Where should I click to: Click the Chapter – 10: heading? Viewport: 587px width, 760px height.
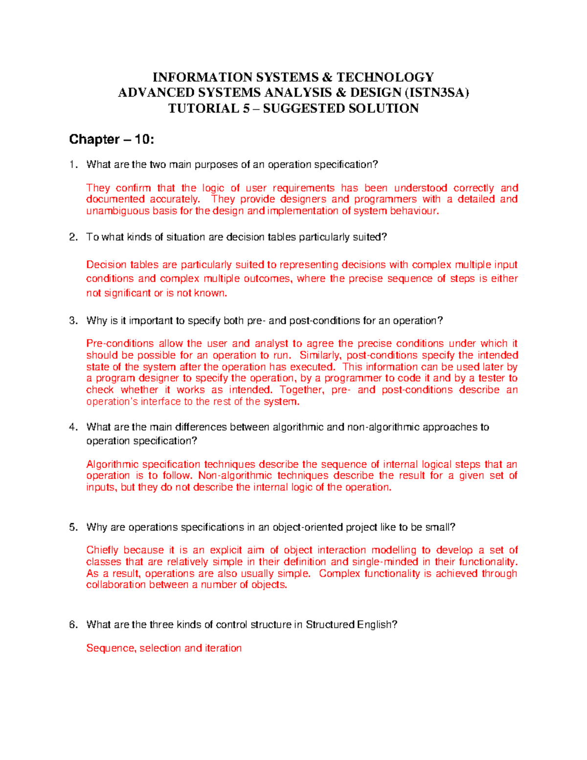tap(112, 139)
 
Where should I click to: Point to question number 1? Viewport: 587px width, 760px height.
tap(73, 164)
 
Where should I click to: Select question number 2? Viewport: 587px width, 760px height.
tap(73, 237)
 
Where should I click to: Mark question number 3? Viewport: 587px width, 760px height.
tap(73, 321)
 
